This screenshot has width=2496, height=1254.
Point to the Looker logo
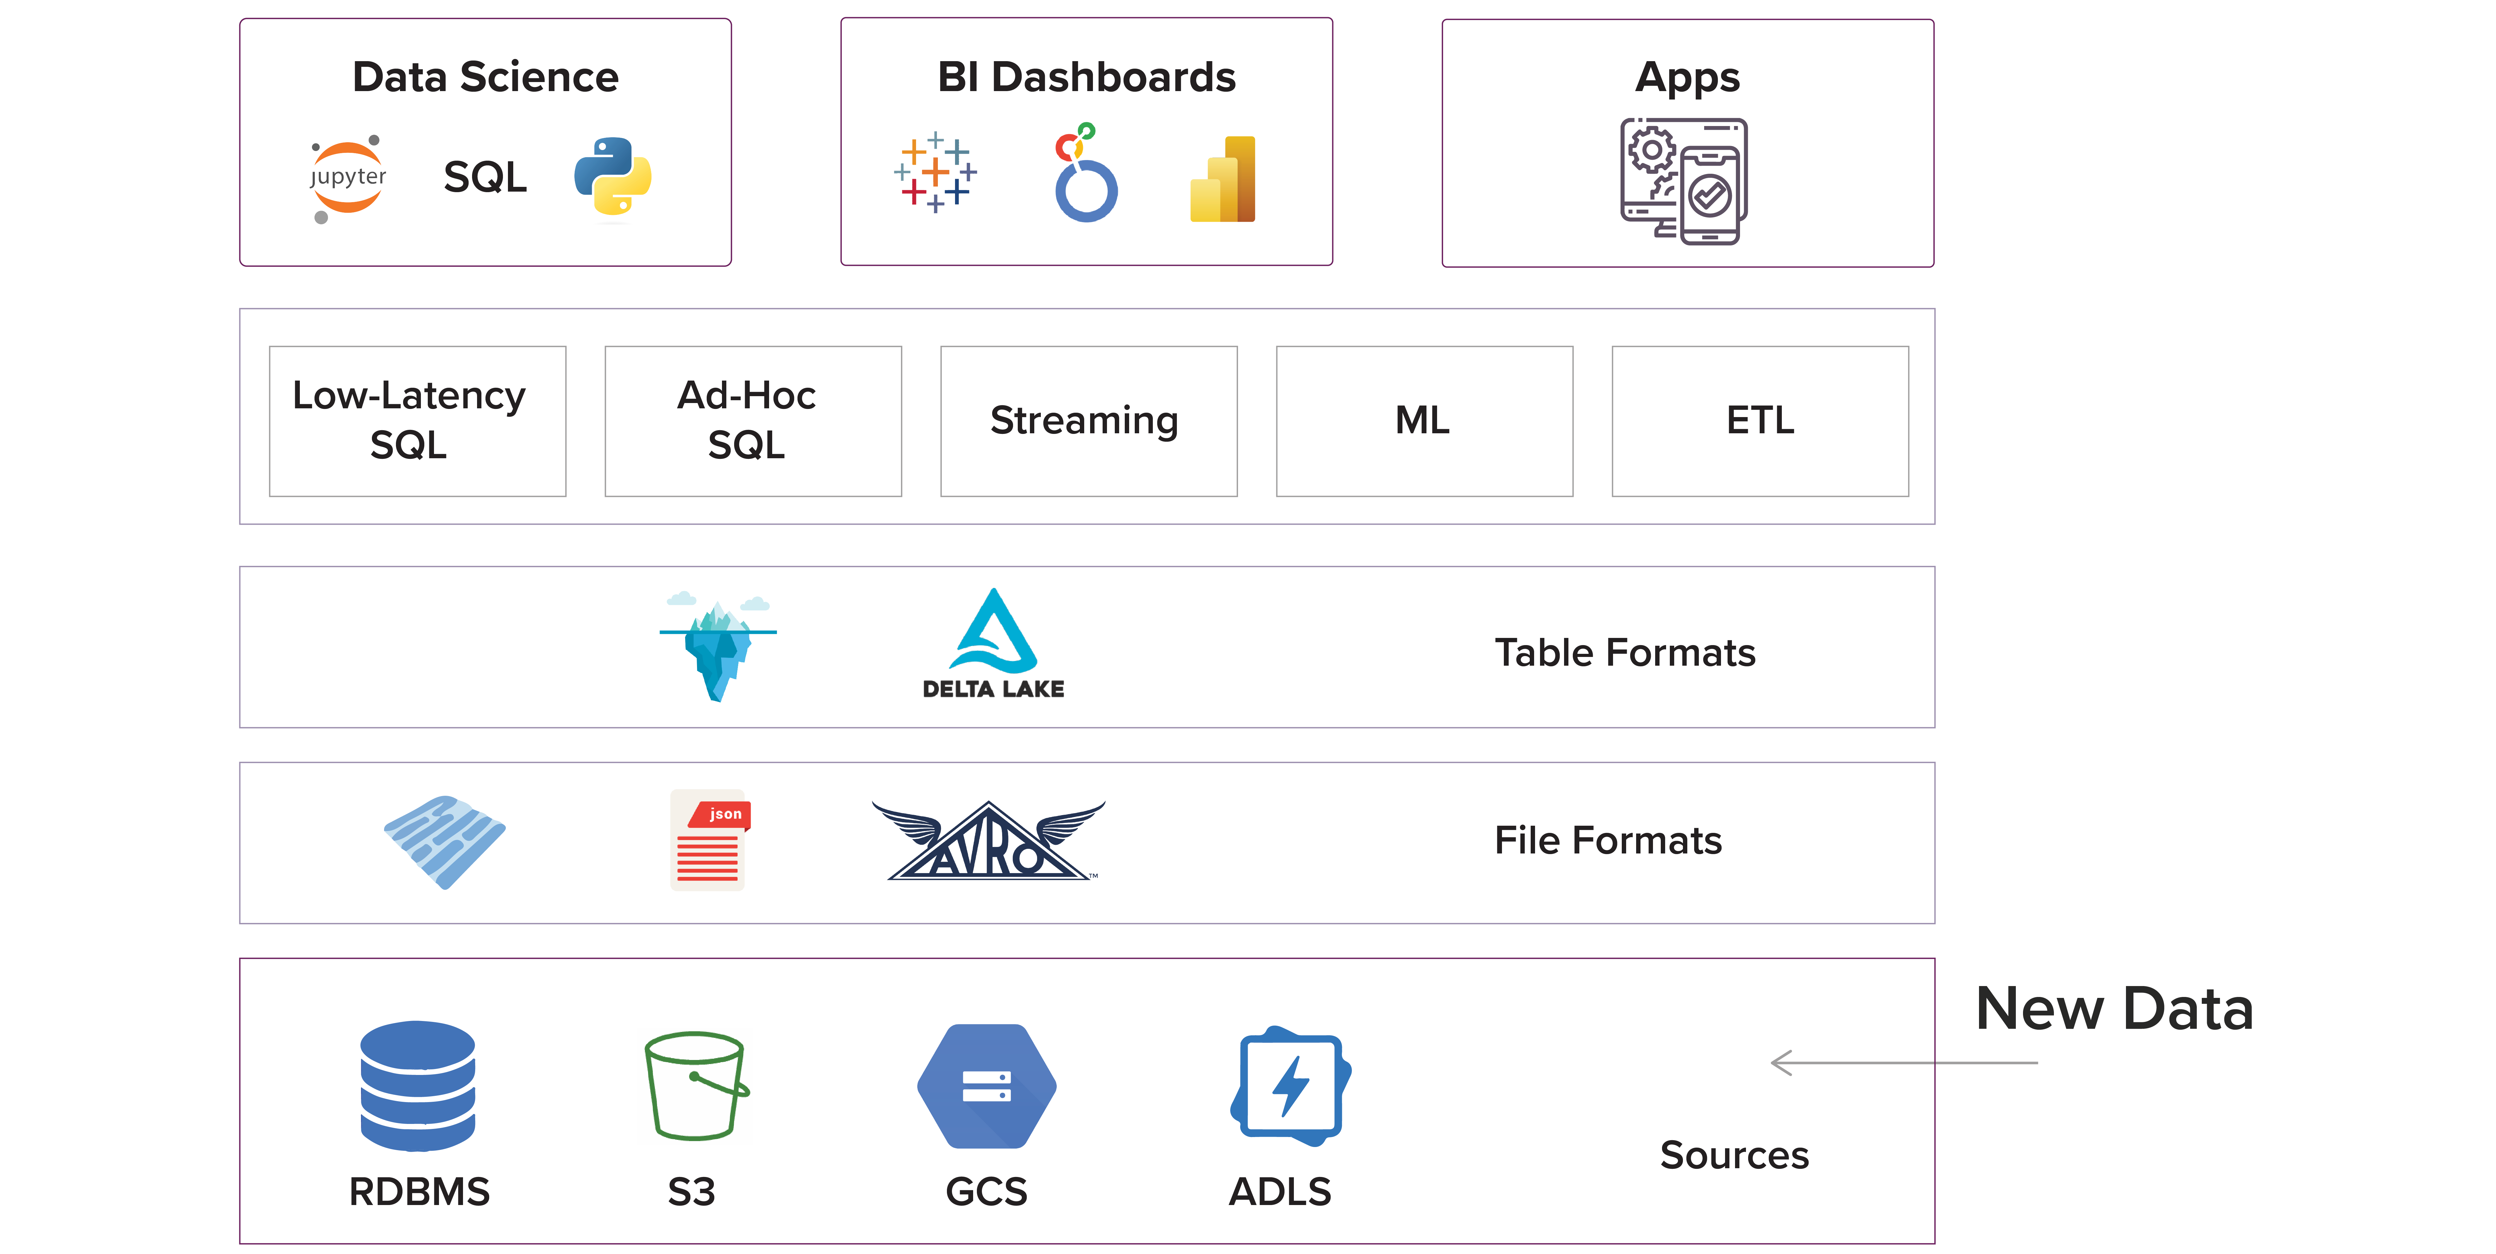coord(1085,174)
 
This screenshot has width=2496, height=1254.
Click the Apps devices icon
coord(1684,181)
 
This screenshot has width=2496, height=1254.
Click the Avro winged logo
coord(988,841)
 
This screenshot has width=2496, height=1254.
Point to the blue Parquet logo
coord(445,841)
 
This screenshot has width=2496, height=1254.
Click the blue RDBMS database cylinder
coord(418,1085)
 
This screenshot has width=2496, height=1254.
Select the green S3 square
coord(695,1085)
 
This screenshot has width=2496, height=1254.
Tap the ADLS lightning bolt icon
coord(1291,1085)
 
